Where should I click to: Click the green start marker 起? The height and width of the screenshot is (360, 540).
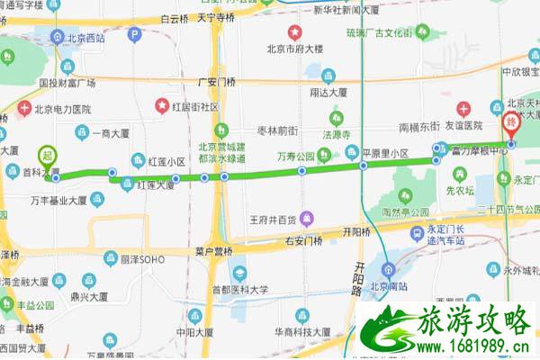[48, 156]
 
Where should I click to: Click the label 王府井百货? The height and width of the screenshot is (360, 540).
[274, 219]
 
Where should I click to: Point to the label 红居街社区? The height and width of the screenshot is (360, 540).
[196, 106]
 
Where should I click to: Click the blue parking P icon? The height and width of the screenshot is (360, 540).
[135, 35]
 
